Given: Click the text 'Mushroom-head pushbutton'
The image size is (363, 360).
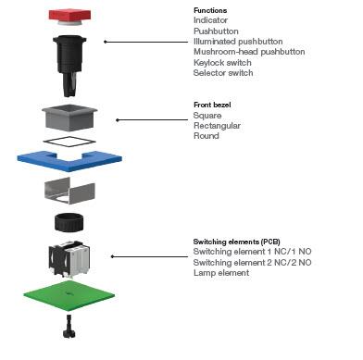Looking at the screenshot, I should [249, 52].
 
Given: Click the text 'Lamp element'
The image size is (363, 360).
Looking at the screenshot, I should [222, 273].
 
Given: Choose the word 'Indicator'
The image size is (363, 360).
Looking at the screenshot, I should [212, 19].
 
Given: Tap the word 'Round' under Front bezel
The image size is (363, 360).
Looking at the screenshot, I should [207, 136].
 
